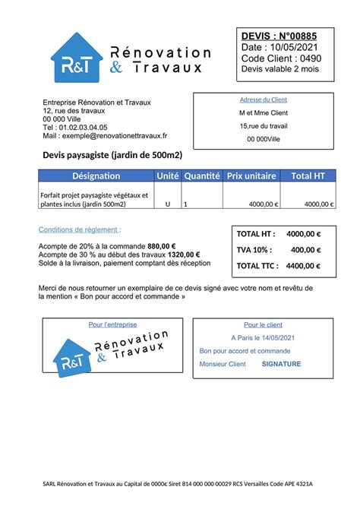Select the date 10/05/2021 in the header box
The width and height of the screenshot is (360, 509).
point(292,47)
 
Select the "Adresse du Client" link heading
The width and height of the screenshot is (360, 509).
point(263,100)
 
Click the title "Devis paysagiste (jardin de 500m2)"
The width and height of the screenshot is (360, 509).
point(112,155)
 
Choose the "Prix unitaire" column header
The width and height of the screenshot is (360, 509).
point(251,176)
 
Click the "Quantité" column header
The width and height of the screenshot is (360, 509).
point(201,176)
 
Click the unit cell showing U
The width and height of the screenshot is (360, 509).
point(167,204)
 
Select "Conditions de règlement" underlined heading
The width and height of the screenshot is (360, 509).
point(79,229)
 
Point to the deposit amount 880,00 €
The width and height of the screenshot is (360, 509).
point(162,246)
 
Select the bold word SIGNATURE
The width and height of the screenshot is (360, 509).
point(281,364)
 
